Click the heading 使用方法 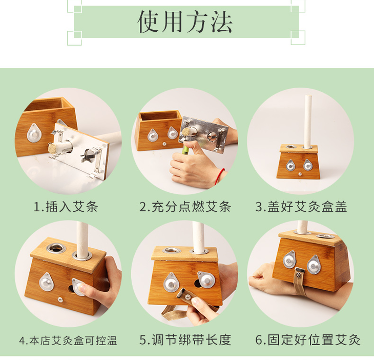tap(185, 22)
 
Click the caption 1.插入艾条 tap(66, 207)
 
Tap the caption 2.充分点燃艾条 tap(185, 207)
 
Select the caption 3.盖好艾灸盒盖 tap(301, 207)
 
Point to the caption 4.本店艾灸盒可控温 tap(68, 341)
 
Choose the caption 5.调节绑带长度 tap(185, 340)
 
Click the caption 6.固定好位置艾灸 tap(308, 340)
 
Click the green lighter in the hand tap(185, 150)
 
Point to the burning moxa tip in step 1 tap(52, 149)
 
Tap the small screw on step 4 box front tap(60, 299)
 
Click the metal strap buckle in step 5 tap(184, 294)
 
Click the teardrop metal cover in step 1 tap(34, 133)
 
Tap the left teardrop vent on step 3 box tap(290, 165)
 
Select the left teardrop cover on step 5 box tap(171, 283)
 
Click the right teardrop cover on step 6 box tap(314, 265)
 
